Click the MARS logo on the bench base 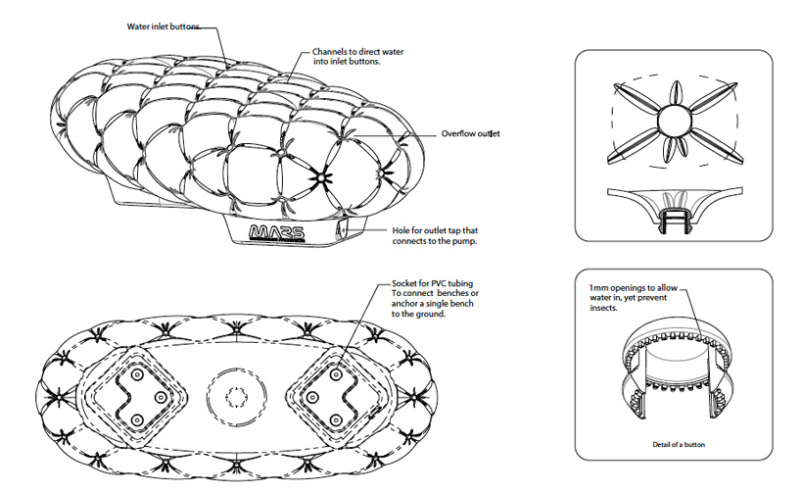pos(276,232)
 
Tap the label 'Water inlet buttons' pos(164,26)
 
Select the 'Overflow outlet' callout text pos(470,134)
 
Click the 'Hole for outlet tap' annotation pos(435,236)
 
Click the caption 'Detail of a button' pos(679,444)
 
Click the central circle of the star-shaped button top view pos(674,121)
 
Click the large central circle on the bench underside pos(237,397)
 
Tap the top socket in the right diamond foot pos(336,374)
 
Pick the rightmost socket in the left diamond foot pos(160,397)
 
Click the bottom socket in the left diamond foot pos(136,420)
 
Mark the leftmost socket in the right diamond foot pos(311,397)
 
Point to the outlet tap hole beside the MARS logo pos(342,229)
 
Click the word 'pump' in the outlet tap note pos(465,241)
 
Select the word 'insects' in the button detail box pos(603,308)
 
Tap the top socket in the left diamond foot pos(136,374)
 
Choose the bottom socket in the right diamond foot pos(336,420)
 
